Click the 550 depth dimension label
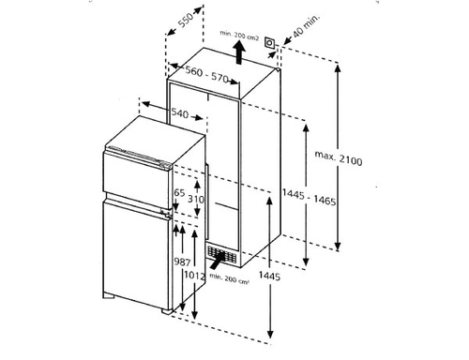click(186, 21)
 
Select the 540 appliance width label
click(180, 112)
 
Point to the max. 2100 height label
click(339, 157)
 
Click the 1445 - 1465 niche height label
click(309, 197)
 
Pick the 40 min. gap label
click(307, 24)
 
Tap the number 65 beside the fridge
click(179, 193)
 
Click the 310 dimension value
click(196, 199)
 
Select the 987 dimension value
click(182, 262)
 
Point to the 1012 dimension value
click(194, 276)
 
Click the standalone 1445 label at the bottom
click(269, 276)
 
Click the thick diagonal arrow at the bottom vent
click(218, 260)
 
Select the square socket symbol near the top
click(269, 42)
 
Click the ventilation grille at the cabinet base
click(221, 254)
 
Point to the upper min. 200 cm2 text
click(239, 35)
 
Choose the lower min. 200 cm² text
click(229, 278)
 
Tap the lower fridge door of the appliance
click(136, 255)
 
